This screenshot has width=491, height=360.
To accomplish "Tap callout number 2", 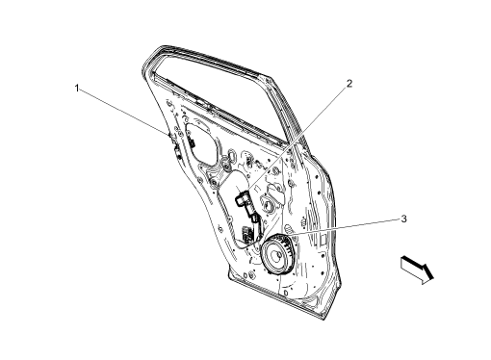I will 349,84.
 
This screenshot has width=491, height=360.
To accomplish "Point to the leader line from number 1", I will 125,113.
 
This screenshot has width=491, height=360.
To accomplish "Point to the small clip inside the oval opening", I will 192,141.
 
